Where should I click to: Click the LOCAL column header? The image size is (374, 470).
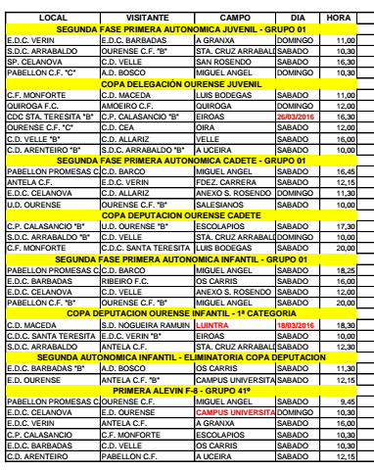point(40,18)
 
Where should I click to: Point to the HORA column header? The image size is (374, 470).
point(334,18)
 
